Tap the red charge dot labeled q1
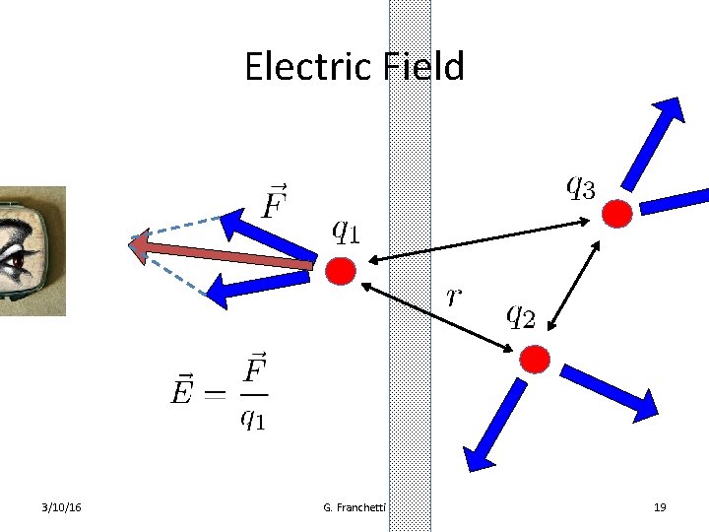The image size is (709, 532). [340, 272]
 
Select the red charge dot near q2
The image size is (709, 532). [534, 359]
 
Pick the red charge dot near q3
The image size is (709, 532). [616, 213]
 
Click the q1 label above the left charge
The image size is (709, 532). [345, 232]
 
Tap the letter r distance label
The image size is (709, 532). [454, 296]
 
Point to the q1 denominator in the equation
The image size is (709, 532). [252, 418]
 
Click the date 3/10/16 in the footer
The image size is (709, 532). [62, 506]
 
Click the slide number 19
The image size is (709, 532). [660, 506]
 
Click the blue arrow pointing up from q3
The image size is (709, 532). [654, 143]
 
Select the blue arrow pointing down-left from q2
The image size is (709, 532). [496, 418]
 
